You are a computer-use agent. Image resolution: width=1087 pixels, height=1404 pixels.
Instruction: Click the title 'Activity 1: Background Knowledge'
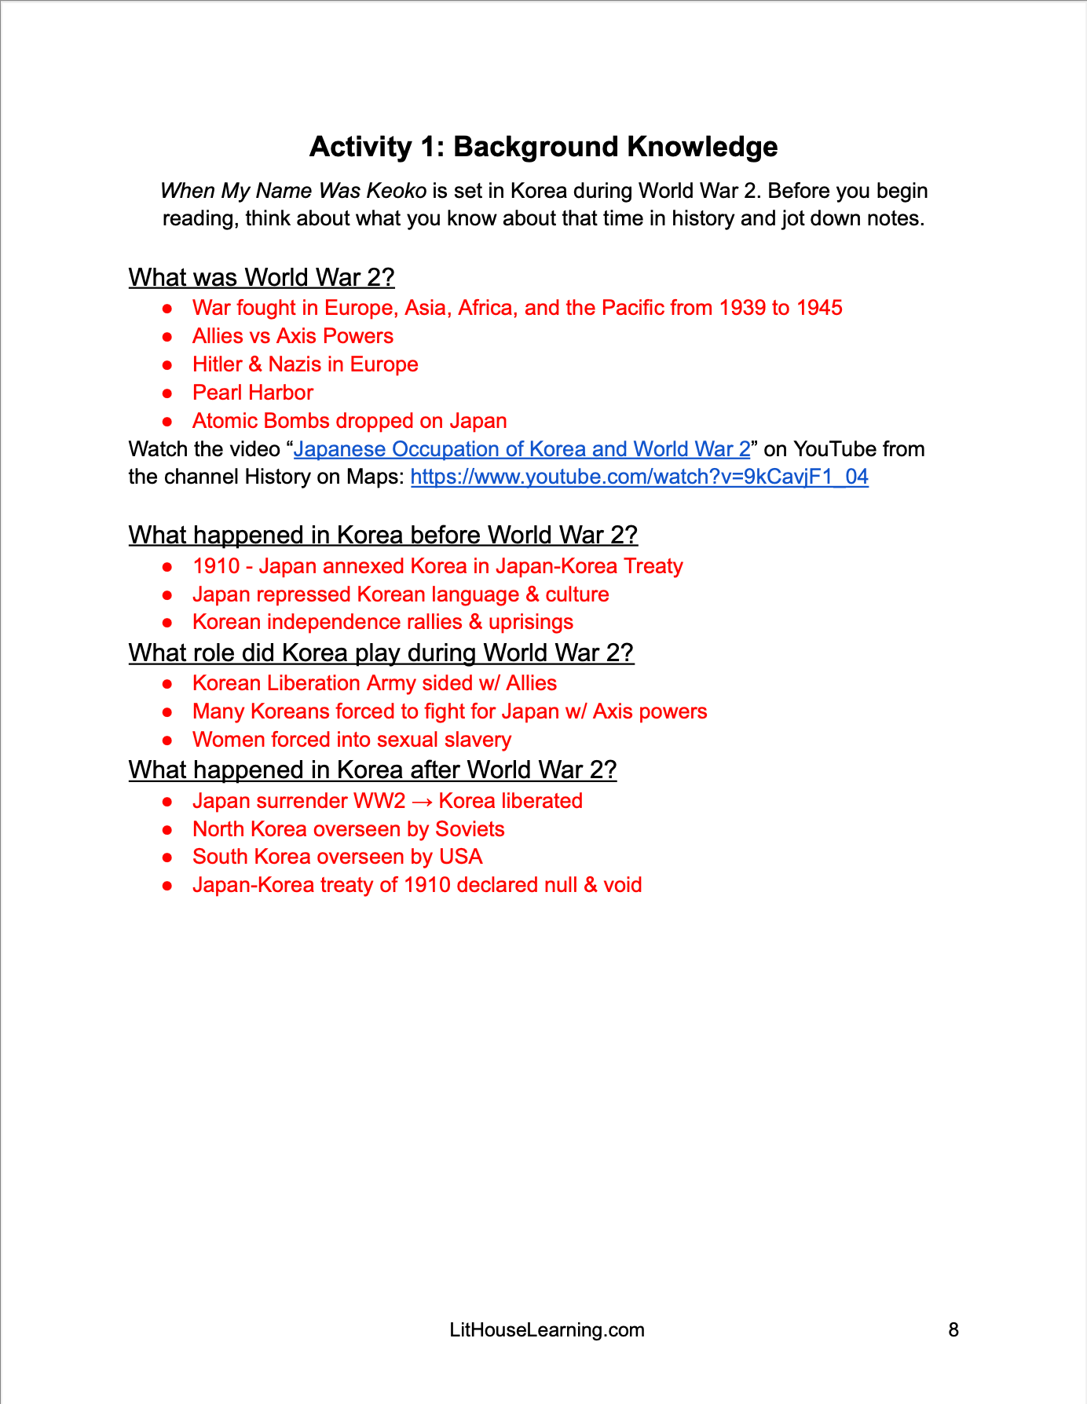(543, 147)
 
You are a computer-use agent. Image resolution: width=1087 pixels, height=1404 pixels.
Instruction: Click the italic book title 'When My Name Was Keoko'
(293, 191)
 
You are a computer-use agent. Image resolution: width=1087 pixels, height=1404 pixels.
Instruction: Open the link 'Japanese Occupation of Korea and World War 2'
(522, 449)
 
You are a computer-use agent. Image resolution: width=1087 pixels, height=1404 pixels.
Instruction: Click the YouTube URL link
(639, 477)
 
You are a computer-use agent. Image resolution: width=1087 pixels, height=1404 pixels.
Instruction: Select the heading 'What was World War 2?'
(262, 277)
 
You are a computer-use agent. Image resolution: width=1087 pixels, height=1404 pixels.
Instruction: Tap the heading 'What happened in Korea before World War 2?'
(382, 535)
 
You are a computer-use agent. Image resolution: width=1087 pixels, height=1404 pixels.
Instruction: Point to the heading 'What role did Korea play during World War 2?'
(381, 653)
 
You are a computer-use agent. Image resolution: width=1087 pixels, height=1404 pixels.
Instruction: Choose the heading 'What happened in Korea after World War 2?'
(372, 770)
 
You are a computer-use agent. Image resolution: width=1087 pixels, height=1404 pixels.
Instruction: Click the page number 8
(953, 1329)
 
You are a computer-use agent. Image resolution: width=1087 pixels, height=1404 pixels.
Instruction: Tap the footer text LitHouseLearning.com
(547, 1329)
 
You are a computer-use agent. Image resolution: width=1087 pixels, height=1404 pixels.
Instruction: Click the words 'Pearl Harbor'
(253, 393)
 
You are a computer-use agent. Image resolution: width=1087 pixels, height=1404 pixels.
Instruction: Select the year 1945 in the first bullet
(819, 308)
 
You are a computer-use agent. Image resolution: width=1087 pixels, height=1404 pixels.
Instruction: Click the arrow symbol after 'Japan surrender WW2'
(422, 802)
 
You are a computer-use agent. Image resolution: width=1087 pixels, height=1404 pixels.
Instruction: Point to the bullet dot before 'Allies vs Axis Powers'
(167, 337)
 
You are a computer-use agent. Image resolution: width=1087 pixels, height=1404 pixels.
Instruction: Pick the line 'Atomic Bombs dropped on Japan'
(350, 421)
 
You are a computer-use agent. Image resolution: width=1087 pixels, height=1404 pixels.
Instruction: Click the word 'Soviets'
(470, 829)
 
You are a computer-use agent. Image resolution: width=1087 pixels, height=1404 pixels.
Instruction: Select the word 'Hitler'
(217, 364)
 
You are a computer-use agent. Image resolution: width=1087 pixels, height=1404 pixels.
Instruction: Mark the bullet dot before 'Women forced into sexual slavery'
(167, 740)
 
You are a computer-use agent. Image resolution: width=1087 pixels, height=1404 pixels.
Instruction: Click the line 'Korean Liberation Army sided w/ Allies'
(375, 683)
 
